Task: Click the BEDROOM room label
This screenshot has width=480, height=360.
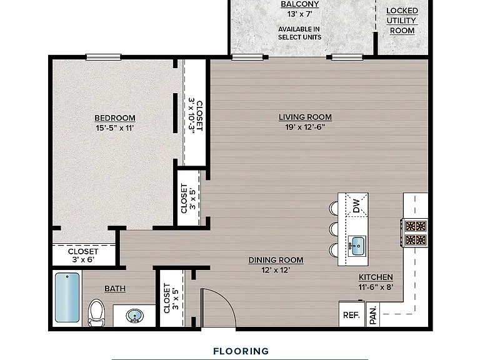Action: click(x=115, y=118)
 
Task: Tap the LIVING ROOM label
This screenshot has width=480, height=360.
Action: click(x=305, y=117)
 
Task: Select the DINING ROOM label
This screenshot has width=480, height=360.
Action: click(x=276, y=260)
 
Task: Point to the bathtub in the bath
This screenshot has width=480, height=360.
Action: click(x=67, y=297)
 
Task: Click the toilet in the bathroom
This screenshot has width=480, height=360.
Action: click(x=96, y=313)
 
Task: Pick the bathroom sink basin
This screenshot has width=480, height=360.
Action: click(x=135, y=316)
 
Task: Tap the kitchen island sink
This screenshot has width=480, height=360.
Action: click(x=357, y=246)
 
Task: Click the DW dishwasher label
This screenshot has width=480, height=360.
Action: click(x=356, y=206)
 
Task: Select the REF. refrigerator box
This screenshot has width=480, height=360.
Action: click(x=351, y=314)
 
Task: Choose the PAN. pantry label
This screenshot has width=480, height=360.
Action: click(x=373, y=316)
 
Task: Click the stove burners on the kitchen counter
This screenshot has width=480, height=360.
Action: click(x=416, y=233)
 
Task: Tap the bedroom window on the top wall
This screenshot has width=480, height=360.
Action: click(x=104, y=57)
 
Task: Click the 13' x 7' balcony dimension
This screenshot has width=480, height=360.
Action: click(x=300, y=14)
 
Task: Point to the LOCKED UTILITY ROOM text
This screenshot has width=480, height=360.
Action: click(x=402, y=21)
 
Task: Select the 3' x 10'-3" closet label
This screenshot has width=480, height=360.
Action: click(x=196, y=116)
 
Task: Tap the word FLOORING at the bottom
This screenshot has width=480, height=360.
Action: click(x=241, y=351)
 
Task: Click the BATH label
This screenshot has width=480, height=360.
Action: click(x=115, y=289)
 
